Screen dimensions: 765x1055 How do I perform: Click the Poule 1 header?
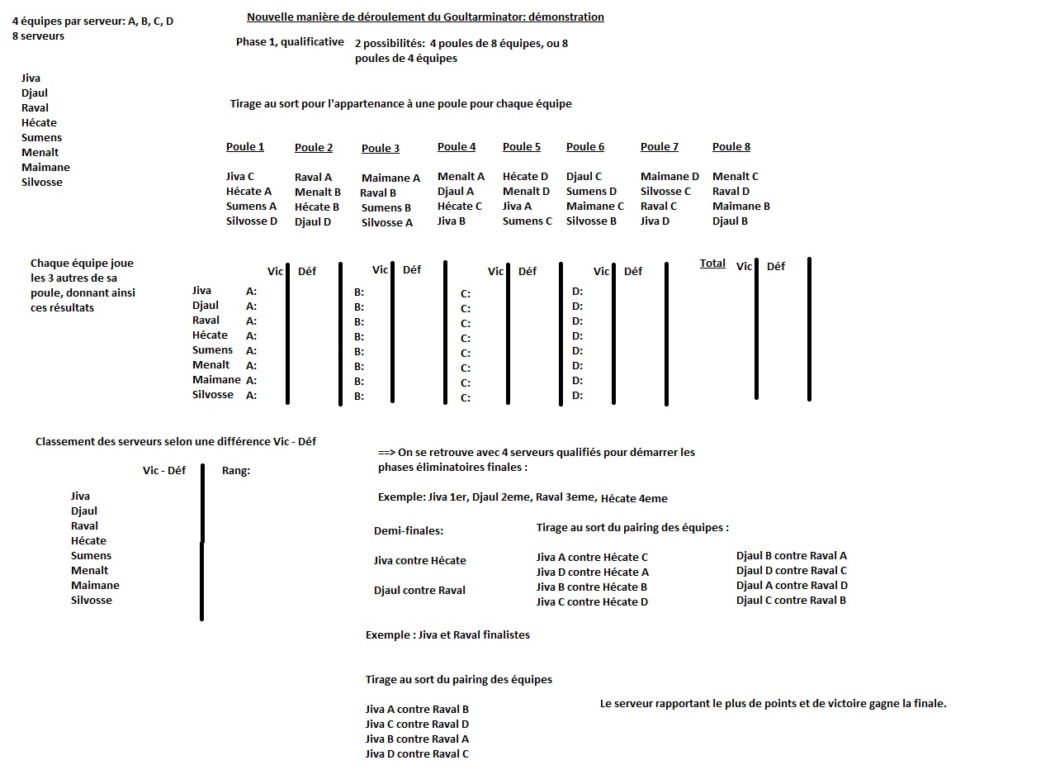click(245, 147)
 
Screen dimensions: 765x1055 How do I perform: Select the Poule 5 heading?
click(522, 147)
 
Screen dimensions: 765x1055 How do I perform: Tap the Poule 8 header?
click(731, 147)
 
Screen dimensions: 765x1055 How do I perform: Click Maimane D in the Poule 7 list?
click(669, 177)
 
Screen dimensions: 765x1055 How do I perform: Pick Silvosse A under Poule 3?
click(387, 223)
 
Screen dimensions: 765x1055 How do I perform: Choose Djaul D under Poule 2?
click(313, 222)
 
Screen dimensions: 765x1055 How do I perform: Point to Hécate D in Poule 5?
click(525, 177)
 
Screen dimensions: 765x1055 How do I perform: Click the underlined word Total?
click(712, 264)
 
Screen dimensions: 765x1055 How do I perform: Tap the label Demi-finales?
click(409, 531)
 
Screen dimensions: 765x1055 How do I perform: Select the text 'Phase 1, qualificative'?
click(290, 42)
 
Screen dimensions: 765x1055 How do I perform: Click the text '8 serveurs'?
click(38, 36)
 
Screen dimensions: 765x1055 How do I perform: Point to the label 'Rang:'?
click(236, 471)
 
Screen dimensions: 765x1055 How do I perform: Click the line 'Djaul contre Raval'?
click(419, 591)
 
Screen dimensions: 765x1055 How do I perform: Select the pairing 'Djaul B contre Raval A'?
click(792, 556)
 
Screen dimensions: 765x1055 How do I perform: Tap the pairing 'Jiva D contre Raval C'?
click(417, 754)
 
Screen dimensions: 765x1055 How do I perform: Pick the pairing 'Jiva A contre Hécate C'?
click(592, 558)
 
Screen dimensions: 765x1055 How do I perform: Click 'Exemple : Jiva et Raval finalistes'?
click(447, 635)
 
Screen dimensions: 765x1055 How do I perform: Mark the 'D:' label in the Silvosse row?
click(578, 396)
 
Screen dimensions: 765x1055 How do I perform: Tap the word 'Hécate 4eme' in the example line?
click(634, 499)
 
